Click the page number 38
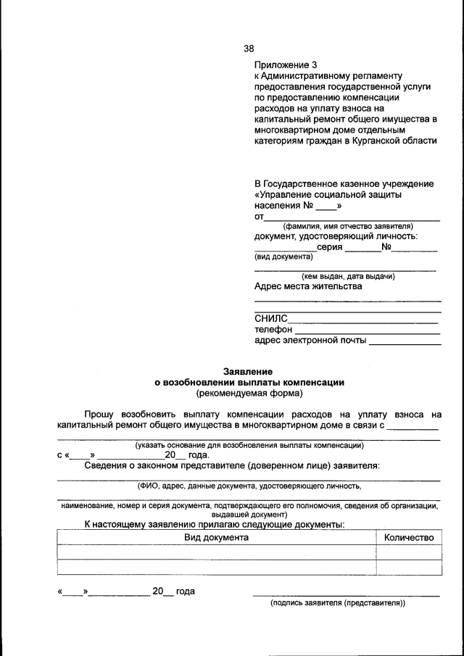coord(249,49)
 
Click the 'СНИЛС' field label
coord(270,318)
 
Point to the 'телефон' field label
coord(273,329)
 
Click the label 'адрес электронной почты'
coord(310,341)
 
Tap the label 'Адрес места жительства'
coord(307,286)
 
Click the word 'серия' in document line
coord(330,247)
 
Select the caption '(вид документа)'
coord(283,257)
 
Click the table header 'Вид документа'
coord(216,538)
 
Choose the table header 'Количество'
coord(409,538)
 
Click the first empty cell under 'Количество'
coord(409,552)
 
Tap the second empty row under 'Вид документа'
coord(216,568)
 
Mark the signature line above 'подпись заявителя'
coord(346,596)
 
